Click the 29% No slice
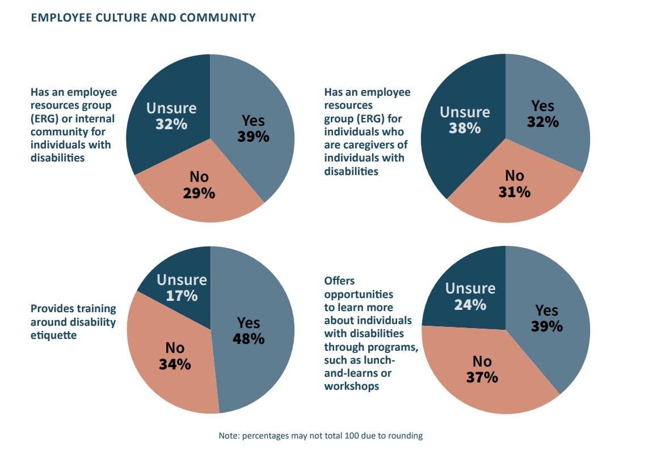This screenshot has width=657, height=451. (199, 187)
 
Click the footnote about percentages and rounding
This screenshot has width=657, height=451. (321, 436)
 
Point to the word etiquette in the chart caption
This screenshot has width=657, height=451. (53, 335)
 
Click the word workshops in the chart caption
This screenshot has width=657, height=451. (352, 386)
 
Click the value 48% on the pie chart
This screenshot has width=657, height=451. (249, 339)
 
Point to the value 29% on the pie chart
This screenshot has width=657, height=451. (199, 193)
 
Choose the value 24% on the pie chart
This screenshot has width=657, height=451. (470, 305)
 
